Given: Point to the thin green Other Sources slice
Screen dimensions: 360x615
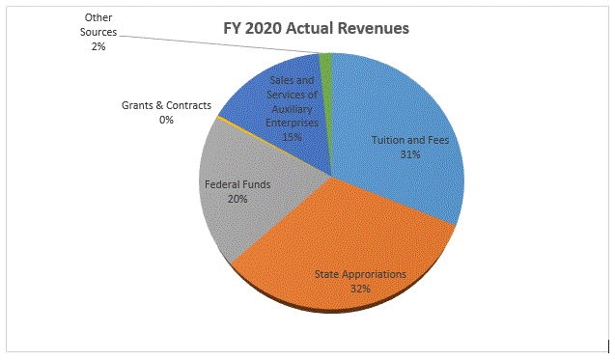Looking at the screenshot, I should click(326, 62).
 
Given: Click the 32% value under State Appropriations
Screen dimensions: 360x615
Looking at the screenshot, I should click(360, 289).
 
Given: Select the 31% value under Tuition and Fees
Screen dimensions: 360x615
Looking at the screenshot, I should click(410, 153).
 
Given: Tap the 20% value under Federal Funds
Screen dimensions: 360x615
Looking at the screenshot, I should click(238, 198).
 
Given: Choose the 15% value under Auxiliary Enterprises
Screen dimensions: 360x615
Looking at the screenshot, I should click(291, 137).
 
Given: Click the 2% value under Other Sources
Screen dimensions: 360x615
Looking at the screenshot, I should click(98, 46).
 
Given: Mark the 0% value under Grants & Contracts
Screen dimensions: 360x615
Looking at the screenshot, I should click(166, 120).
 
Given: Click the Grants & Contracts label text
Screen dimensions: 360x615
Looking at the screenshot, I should click(166, 105).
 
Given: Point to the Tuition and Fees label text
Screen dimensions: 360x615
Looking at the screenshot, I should click(410, 140).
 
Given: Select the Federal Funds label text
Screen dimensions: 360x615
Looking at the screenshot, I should click(238, 183).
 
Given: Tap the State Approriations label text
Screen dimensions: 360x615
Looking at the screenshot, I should click(360, 274).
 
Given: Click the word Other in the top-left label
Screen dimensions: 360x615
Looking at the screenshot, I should click(98, 17).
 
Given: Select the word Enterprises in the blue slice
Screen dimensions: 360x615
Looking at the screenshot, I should click(291, 123).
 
